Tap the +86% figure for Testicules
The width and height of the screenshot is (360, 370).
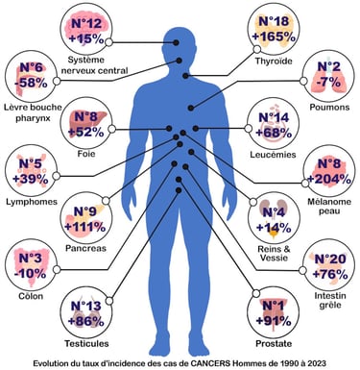click(x=85, y=322)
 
